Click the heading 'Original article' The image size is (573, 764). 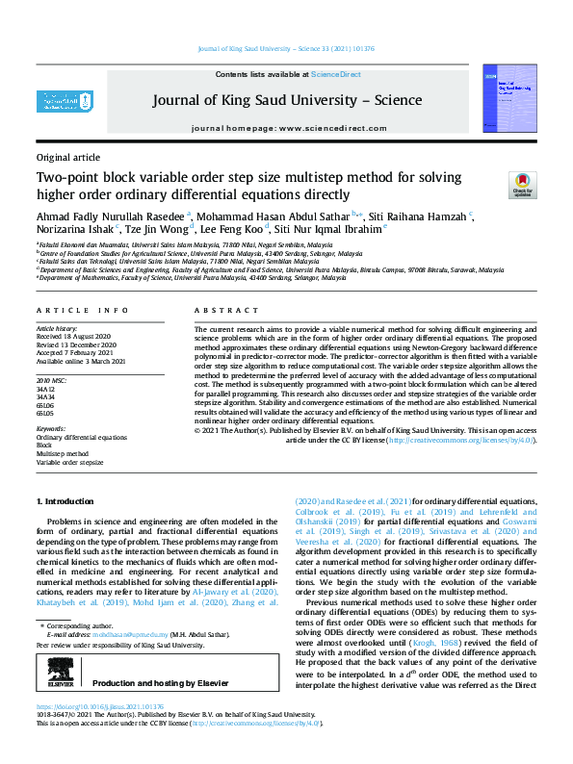coord(67,156)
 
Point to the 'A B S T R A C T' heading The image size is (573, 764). coord(223,310)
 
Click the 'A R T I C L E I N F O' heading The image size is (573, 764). coord(82,310)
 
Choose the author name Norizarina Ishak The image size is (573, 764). coord(75,230)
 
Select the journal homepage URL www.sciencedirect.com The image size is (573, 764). coord(337,128)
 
